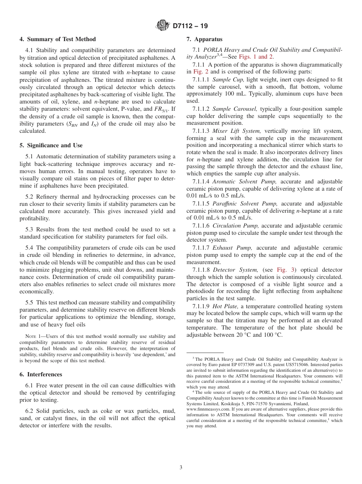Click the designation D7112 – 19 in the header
coord(190,26)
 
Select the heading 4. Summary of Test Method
coord(58,39)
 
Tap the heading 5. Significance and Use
coord(51,145)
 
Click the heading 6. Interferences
coord(41,374)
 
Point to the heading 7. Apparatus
coord(204,39)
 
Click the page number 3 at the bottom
coord(181,467)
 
